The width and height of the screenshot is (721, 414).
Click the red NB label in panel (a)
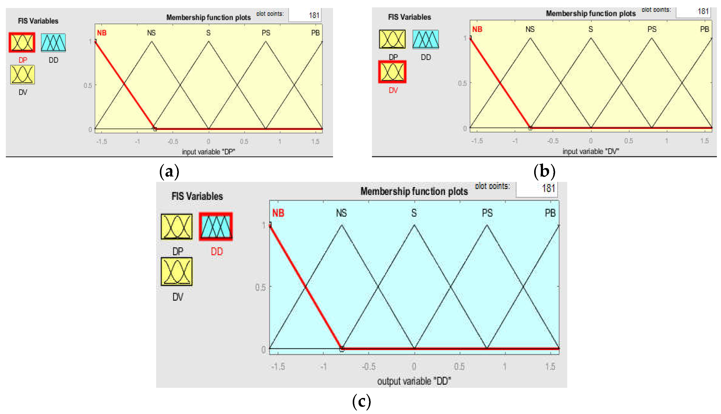[x=102, y=33]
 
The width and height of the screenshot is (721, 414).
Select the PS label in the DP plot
[x=266, y=33]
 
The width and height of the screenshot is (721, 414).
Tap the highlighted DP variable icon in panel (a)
[x=22, y=42]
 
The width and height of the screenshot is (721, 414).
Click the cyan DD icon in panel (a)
[x=53, y=42]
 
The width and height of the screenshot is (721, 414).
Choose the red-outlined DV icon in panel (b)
[x=392, y=72]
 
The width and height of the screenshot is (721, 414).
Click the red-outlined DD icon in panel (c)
[x=216, y=227]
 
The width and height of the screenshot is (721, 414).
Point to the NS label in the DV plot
[x=530, y=29]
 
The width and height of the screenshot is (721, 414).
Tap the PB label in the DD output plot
[x=550, y=213]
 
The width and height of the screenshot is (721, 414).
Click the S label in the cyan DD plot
[x=414, y=213]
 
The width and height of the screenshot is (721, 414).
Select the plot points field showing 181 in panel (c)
[x=537, y=188]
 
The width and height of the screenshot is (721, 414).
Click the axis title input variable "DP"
[x=208, y=152]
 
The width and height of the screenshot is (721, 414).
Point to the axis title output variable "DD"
[x=414, y=381]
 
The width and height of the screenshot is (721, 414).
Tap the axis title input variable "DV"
[x=591, y=151]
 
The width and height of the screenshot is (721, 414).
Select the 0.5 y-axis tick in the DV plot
[x=462, y=83]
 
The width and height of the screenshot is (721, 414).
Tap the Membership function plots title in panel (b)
[x=591, y=13]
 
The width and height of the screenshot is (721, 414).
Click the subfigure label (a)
[x=169, y=171]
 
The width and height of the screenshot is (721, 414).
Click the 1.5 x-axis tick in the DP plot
[x=315, y=141]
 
